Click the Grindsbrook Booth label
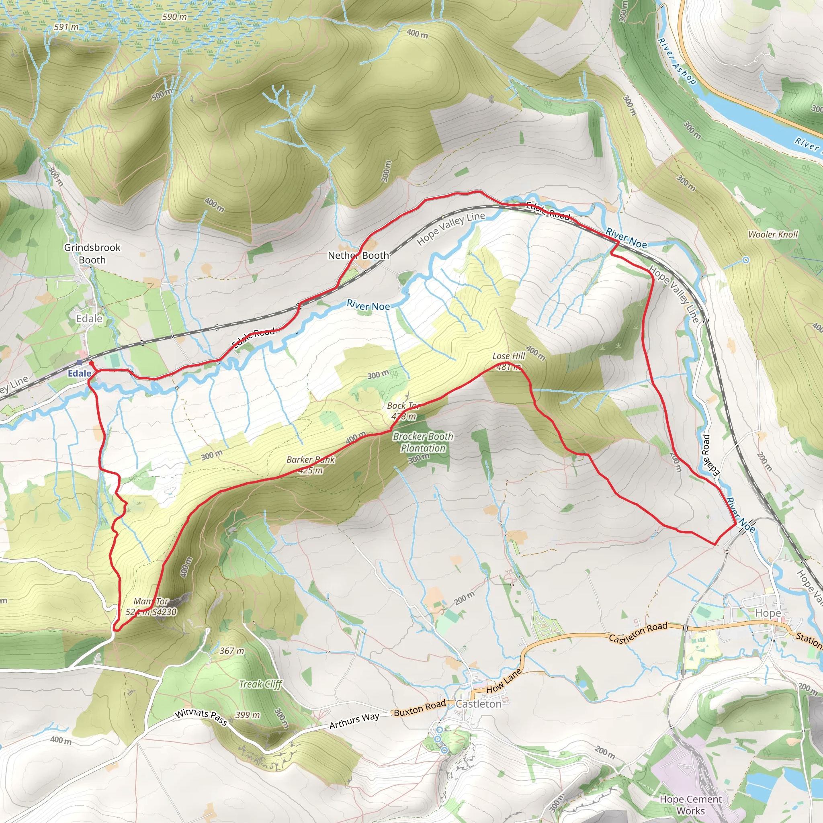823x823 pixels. (92, 254)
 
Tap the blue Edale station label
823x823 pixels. (79, 374)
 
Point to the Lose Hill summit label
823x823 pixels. (509, 361)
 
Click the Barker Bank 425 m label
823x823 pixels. (311, 465)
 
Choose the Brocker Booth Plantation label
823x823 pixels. (423, 442)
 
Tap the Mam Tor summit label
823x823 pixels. (151, 606)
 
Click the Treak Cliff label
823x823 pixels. (261, 684)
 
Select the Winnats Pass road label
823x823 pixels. (201, 717)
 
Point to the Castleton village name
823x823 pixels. (478, 704)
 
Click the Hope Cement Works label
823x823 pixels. (690, 805)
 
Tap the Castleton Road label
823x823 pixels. (638, 633)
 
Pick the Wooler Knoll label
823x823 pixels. (773, 234)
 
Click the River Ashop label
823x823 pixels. (677, 61)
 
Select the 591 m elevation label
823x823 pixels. (66, 27)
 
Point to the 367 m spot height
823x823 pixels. (232, 651)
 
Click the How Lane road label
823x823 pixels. (504, 680)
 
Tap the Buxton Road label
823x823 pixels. (420, 708)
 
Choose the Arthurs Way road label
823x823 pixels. (354, 721)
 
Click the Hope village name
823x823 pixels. (768, 613)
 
